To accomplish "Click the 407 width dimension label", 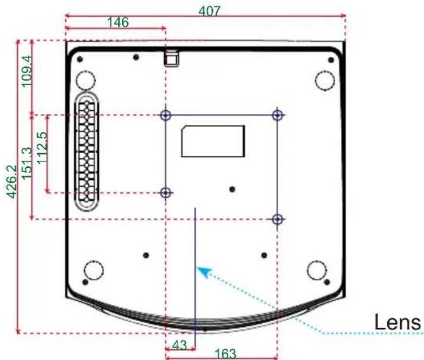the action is [209, 11].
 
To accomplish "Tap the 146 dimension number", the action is [118, 22].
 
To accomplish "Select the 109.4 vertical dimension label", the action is [27, 71].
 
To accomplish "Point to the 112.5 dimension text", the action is [43, 148].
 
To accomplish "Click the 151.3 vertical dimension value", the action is [27, 163].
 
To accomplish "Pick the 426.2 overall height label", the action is [12, 181].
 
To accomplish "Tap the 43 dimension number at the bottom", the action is [180, 345].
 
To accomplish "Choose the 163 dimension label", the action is [225, 354].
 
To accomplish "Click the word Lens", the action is [397, 322].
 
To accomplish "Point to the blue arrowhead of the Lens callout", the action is [203, 271].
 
